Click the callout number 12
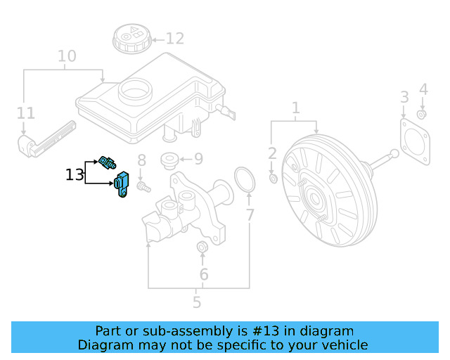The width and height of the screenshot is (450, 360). point(174,39)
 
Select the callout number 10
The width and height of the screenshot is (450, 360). point(67,56)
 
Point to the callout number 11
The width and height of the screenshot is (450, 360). point(25,112)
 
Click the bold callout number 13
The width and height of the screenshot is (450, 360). point(75,174)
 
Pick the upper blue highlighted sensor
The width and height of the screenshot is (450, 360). point(109,162)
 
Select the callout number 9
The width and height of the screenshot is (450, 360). point(198,159)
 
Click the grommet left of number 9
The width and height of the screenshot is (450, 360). point(169,160)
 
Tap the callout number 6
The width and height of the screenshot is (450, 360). point(203,274)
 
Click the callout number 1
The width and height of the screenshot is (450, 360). point(296,108)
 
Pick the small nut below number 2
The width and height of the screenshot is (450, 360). point(274,179)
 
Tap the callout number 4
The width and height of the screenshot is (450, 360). point(423,89)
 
